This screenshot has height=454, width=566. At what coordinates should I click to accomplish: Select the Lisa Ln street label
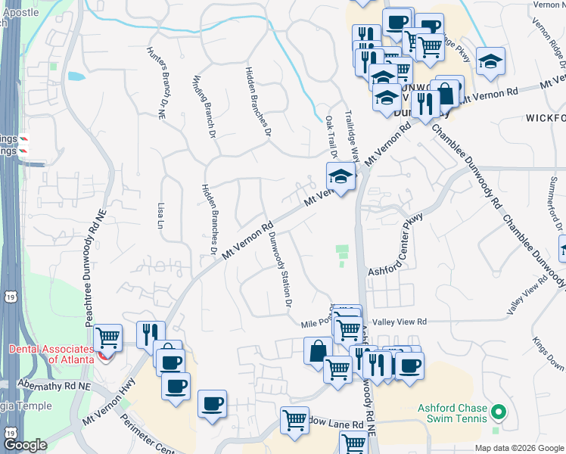click(160, 216)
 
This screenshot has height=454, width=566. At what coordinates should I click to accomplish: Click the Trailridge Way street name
click(350, 133)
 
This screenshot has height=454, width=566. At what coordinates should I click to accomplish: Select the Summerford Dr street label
click(555, 204)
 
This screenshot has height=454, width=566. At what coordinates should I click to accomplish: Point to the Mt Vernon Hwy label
click(106, 401)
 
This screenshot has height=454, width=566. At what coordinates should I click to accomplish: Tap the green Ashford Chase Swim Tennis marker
click(497, 412)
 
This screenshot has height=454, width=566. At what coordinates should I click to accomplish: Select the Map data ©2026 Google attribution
click(519, 448)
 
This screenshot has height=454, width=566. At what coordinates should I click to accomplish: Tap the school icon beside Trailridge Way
click(341, 179)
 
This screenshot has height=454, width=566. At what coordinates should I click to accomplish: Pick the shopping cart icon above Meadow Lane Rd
click(294, 419)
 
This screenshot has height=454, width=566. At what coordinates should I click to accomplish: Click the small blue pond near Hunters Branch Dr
click(76, 76)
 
